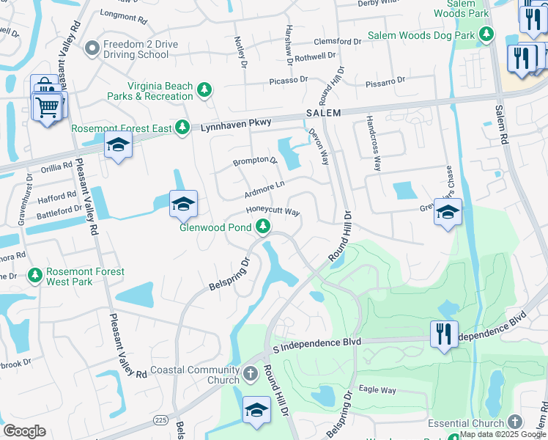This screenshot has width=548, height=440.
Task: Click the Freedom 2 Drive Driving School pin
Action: point(92,49)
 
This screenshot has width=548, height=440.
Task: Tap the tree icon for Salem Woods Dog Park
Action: point(486,34)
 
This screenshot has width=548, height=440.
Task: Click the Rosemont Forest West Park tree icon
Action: point(34,276)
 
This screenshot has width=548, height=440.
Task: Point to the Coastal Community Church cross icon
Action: point(251,375)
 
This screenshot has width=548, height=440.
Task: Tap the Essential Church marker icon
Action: point(515,422)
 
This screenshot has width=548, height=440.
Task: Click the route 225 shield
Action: point(160,419)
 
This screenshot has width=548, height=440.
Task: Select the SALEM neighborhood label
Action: point(323,112)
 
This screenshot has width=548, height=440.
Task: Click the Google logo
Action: point(24,430)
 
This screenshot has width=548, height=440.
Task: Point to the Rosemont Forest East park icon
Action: point(183,128)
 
